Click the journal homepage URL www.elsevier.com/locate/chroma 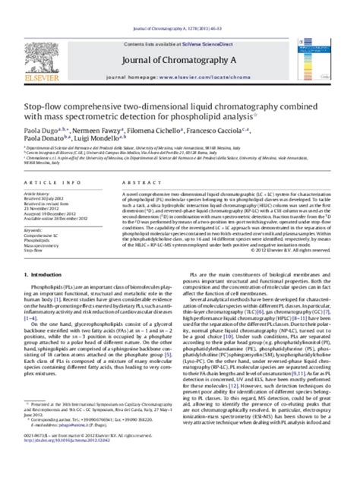pyautogui.click(x=207, y=77)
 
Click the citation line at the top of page pyautogui.click(x=179, y=6)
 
